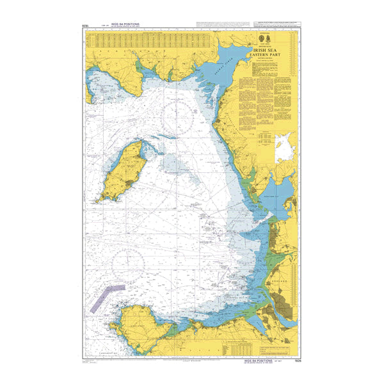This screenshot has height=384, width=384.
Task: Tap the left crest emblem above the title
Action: pos(260,38)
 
